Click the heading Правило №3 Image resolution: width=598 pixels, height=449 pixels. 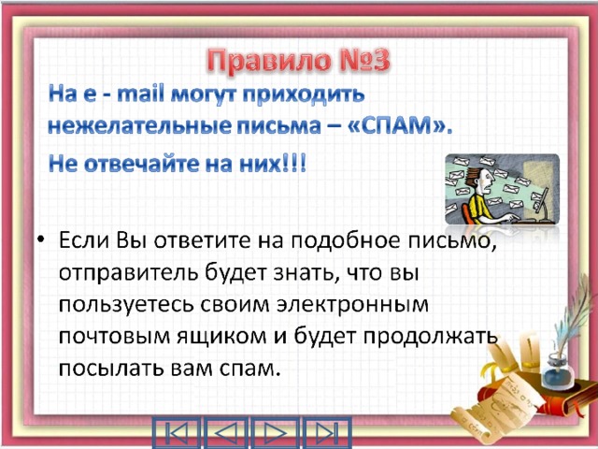pyautogui.click(x=299, y=61)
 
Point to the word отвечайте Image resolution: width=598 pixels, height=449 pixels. pyautogui.click(x=141, y=165)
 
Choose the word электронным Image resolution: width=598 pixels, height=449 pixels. pyautogui.click(x=352, y=306)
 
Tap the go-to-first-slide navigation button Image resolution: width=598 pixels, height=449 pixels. pyautogui.click(x=177, y=432)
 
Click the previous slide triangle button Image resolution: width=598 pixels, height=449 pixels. pyautogui.click(x=226, y=432)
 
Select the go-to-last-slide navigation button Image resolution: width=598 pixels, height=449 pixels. pyautogui.click(x=327, y=432)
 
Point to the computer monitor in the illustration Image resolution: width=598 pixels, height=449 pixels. pyautogui.click(x=541, y=199)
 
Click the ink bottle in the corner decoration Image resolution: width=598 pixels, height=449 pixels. pyautogui.click(x=558, y=371)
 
